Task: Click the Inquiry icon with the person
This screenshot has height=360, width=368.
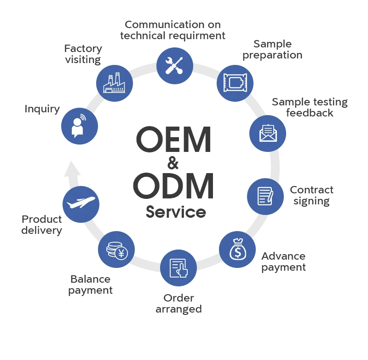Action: click(80, 127)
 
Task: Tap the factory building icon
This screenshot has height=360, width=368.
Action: click(115, 83)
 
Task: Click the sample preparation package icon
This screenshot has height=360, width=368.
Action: click(235, 84)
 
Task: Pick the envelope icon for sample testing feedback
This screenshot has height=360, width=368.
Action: click(268, 134)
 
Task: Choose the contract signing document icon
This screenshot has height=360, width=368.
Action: click(265, 196)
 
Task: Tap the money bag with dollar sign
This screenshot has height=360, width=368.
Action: click(238, 250)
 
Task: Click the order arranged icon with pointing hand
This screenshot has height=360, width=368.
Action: click(178, 268)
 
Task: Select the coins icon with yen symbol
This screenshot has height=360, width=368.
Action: click(116, 250)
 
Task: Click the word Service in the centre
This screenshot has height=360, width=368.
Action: click(176, 212)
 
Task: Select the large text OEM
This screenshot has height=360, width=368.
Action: click(173, 140)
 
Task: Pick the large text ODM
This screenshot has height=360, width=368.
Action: click(174, 186)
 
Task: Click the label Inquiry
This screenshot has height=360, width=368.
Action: click(42, 109)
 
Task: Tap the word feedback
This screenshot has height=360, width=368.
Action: click(310, 113)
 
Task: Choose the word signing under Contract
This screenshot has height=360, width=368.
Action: click(311, 201)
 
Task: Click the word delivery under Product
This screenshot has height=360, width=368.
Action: click(42, 231)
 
